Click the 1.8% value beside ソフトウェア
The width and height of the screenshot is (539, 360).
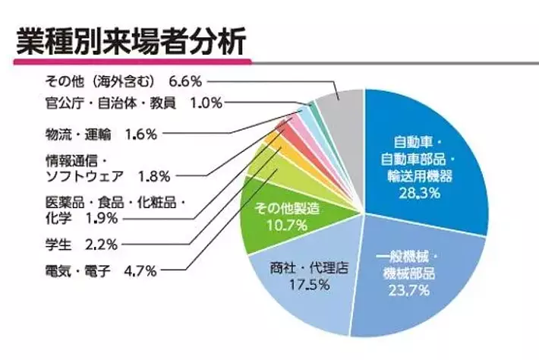click(x=156, y=176)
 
